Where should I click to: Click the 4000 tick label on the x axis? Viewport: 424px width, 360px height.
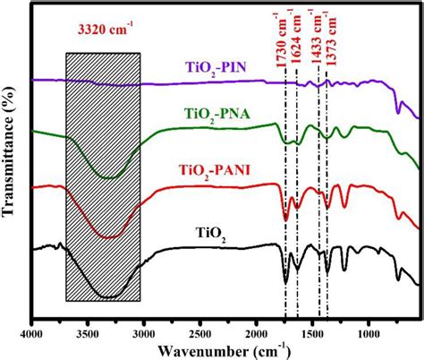click(x=32, y=332)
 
